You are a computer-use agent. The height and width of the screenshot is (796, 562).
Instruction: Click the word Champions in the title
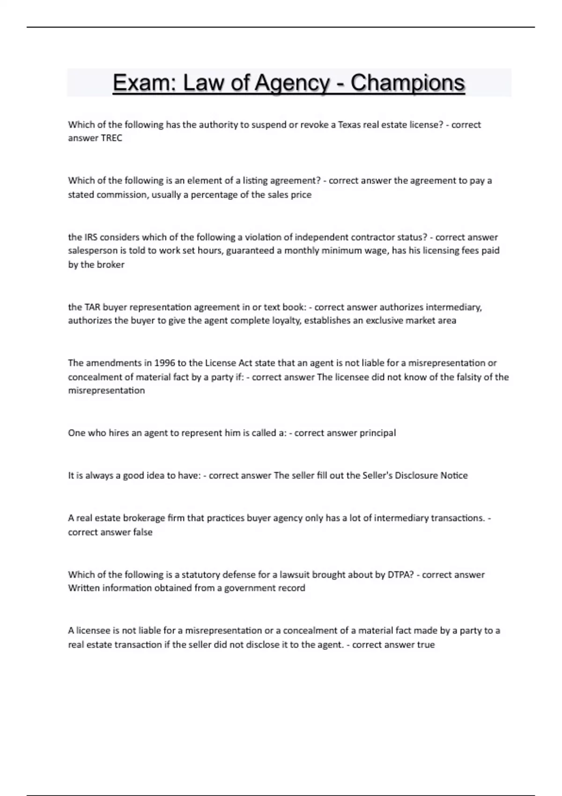coord(407,83)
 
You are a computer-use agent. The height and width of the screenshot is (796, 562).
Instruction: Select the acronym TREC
coord(111,138)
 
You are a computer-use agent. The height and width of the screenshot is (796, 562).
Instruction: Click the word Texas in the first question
coord(349,125)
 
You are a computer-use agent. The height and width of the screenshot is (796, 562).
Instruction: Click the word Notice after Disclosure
coord(454,475)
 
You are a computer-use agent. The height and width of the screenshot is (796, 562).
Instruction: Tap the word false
coord(142,532)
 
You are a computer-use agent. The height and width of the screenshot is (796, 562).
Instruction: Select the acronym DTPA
coord(400,575)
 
